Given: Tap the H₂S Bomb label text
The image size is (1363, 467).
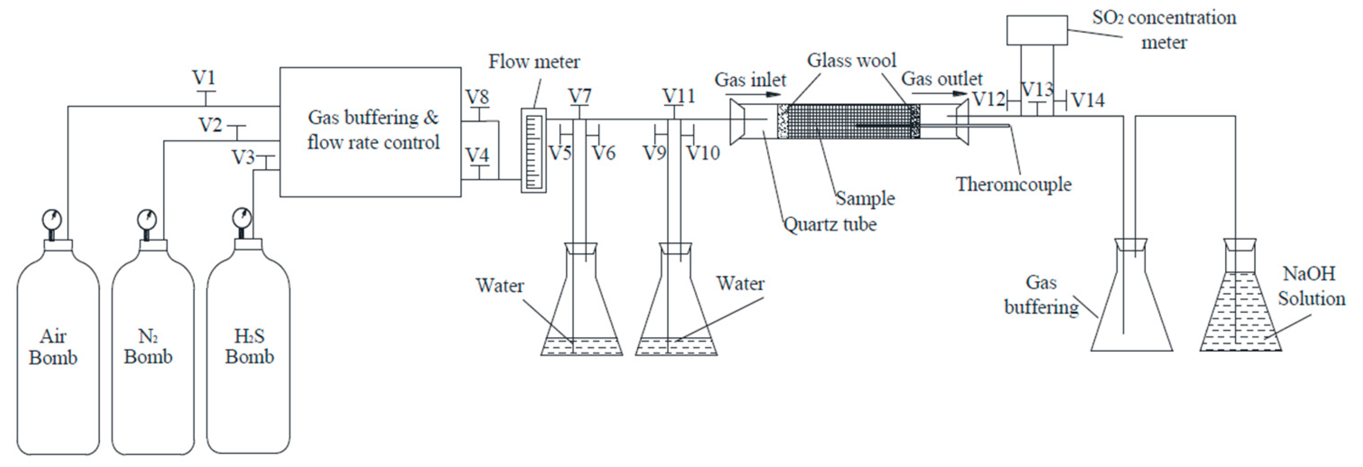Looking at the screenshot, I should pyautogui.click(x=249, y=346).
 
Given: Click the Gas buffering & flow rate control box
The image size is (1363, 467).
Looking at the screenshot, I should pyautogui.click(x=370, y=132).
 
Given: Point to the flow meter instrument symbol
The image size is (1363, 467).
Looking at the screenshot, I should pyautogui.click(x=533, y=150).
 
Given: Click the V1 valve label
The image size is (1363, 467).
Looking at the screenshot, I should pyautogui.click(x=204, y=79).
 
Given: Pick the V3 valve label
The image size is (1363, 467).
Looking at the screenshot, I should pyautogui.click(x=243, y=157).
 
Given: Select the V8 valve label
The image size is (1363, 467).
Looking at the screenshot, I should pyautogui.click(x=477, y=98).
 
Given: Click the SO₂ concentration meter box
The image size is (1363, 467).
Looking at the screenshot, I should pyautogui.click(x=1037, y=30).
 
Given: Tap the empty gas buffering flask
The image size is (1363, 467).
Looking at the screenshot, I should pyautogui.click(x=1131, y=313).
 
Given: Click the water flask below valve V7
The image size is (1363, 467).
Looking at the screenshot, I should pyautogui.click(x=581, y=318).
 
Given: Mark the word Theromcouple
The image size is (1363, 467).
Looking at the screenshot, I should pyautogui.click(x=1013, y=184).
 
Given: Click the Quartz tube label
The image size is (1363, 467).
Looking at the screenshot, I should pyautogui.click(x=830, y=224).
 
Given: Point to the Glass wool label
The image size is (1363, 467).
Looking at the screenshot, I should pyautogui.click(x=851, y=61).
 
